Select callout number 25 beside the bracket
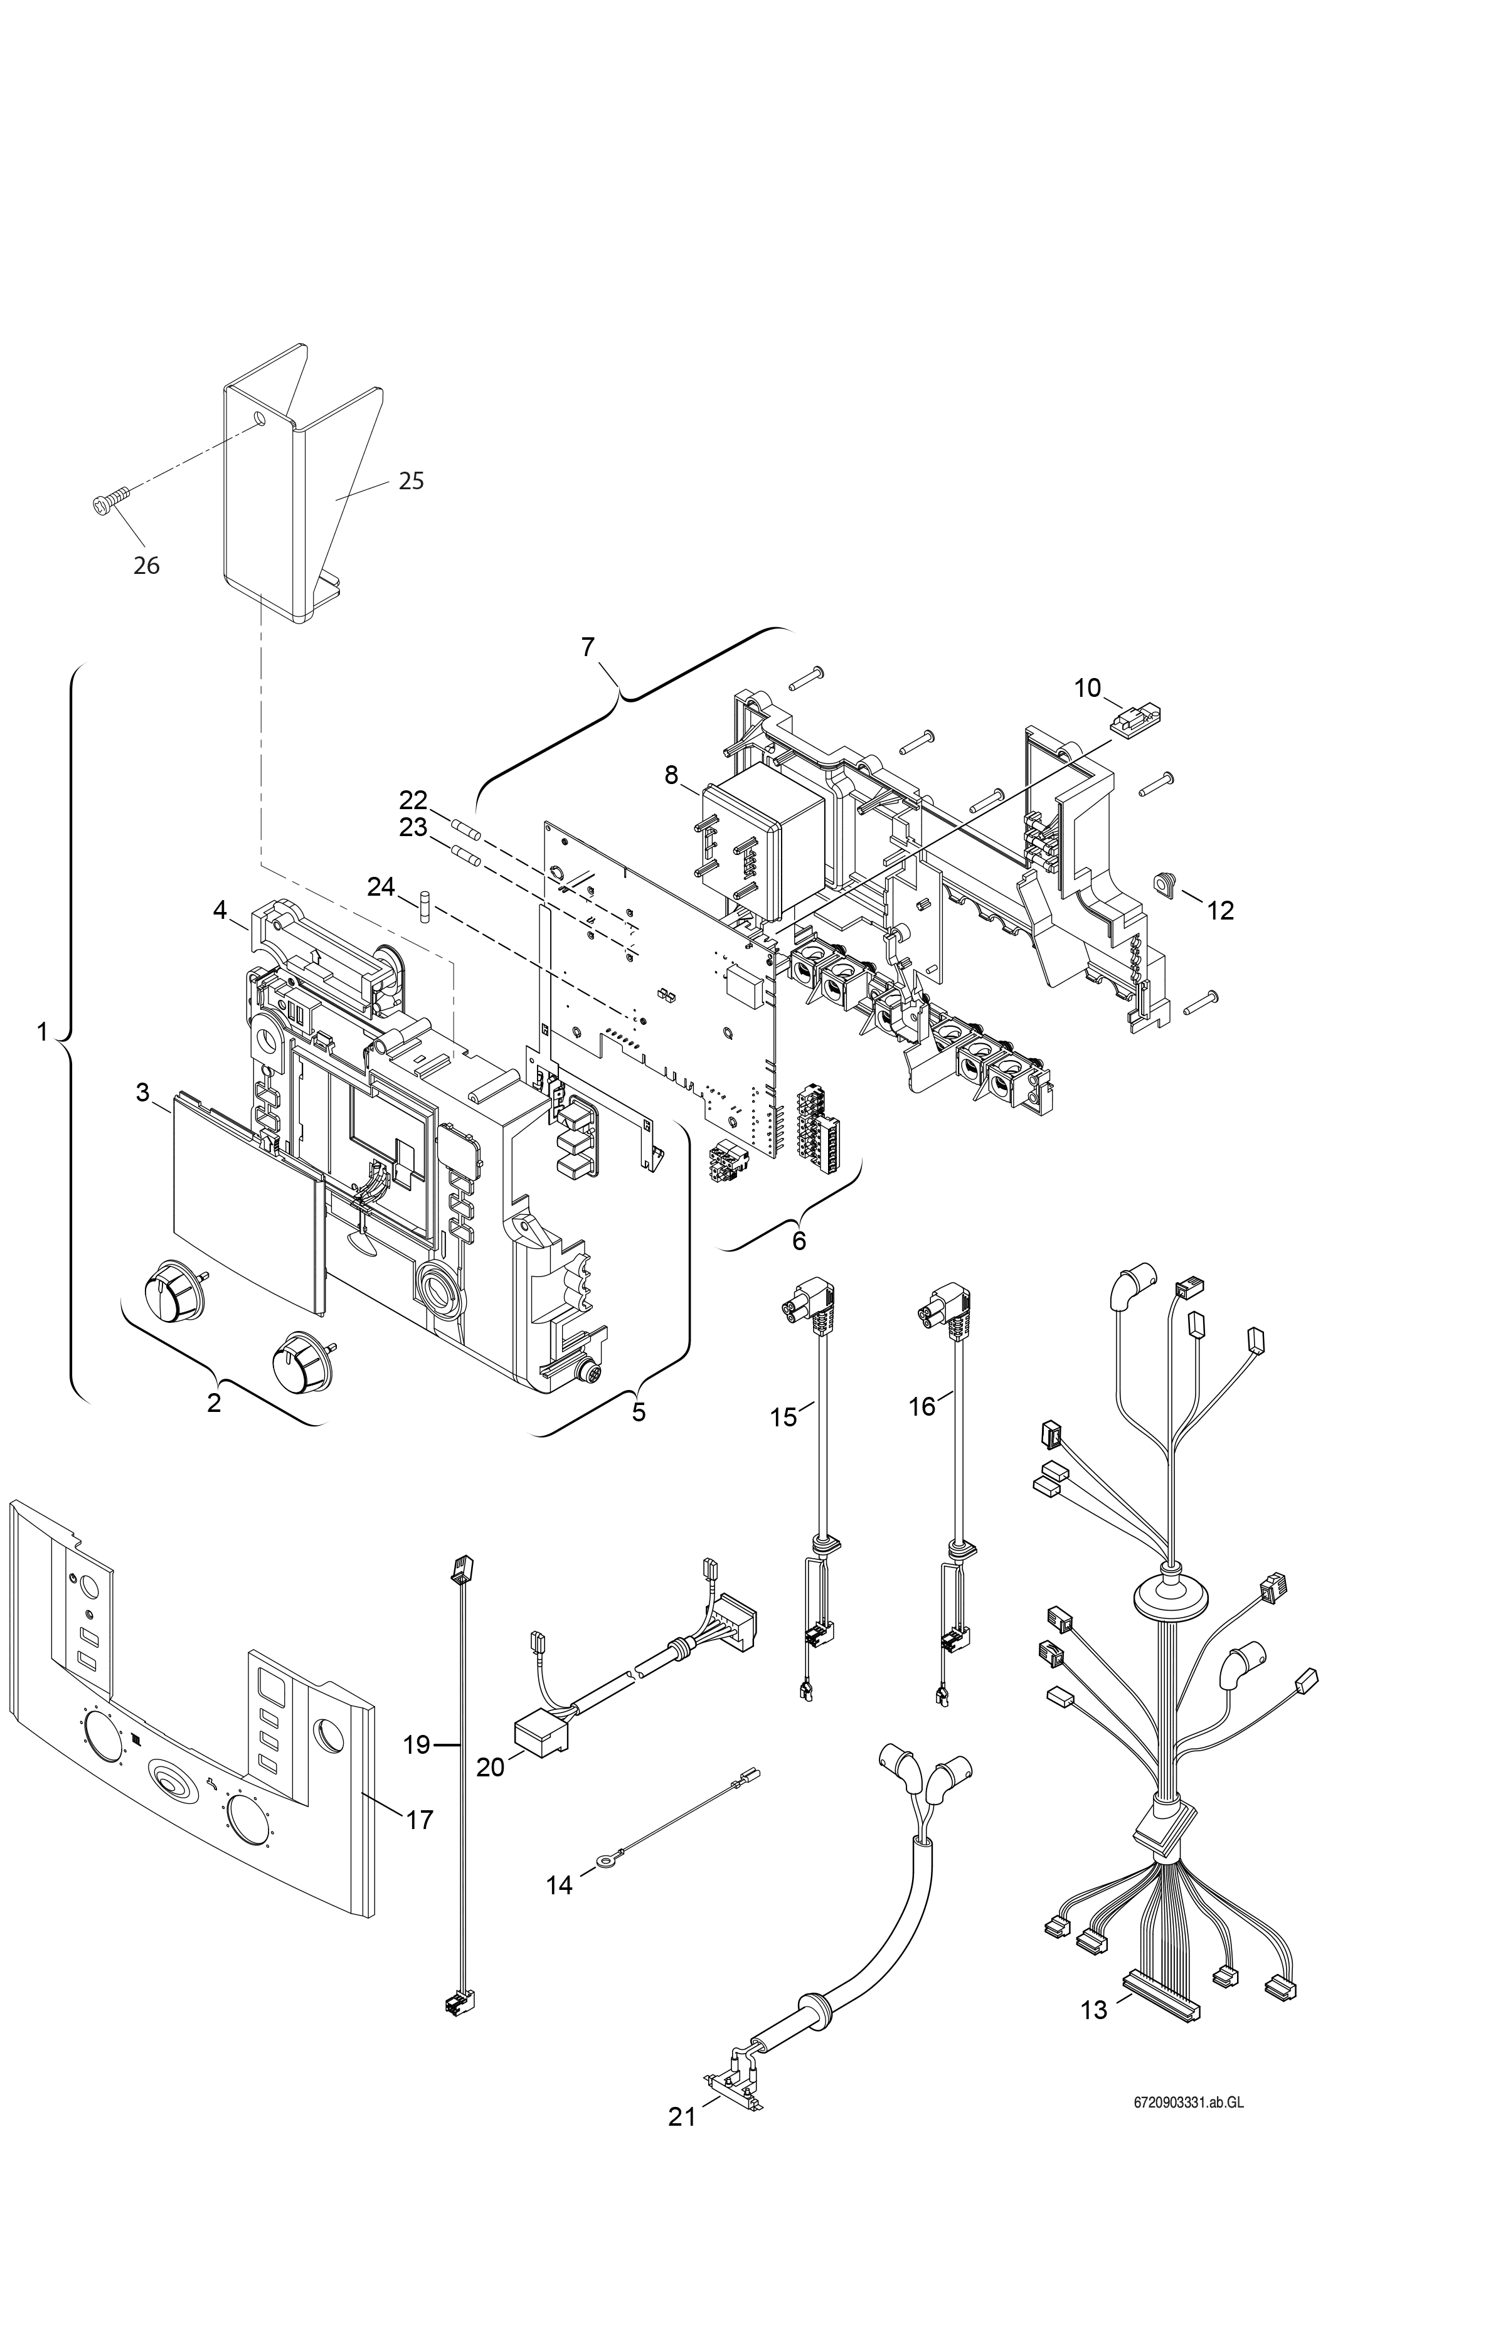pos(411,481)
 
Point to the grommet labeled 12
pos(1166,883)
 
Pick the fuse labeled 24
pos(425,906)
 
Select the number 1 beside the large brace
pos(42,1031)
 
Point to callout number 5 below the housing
pos(639,1412)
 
